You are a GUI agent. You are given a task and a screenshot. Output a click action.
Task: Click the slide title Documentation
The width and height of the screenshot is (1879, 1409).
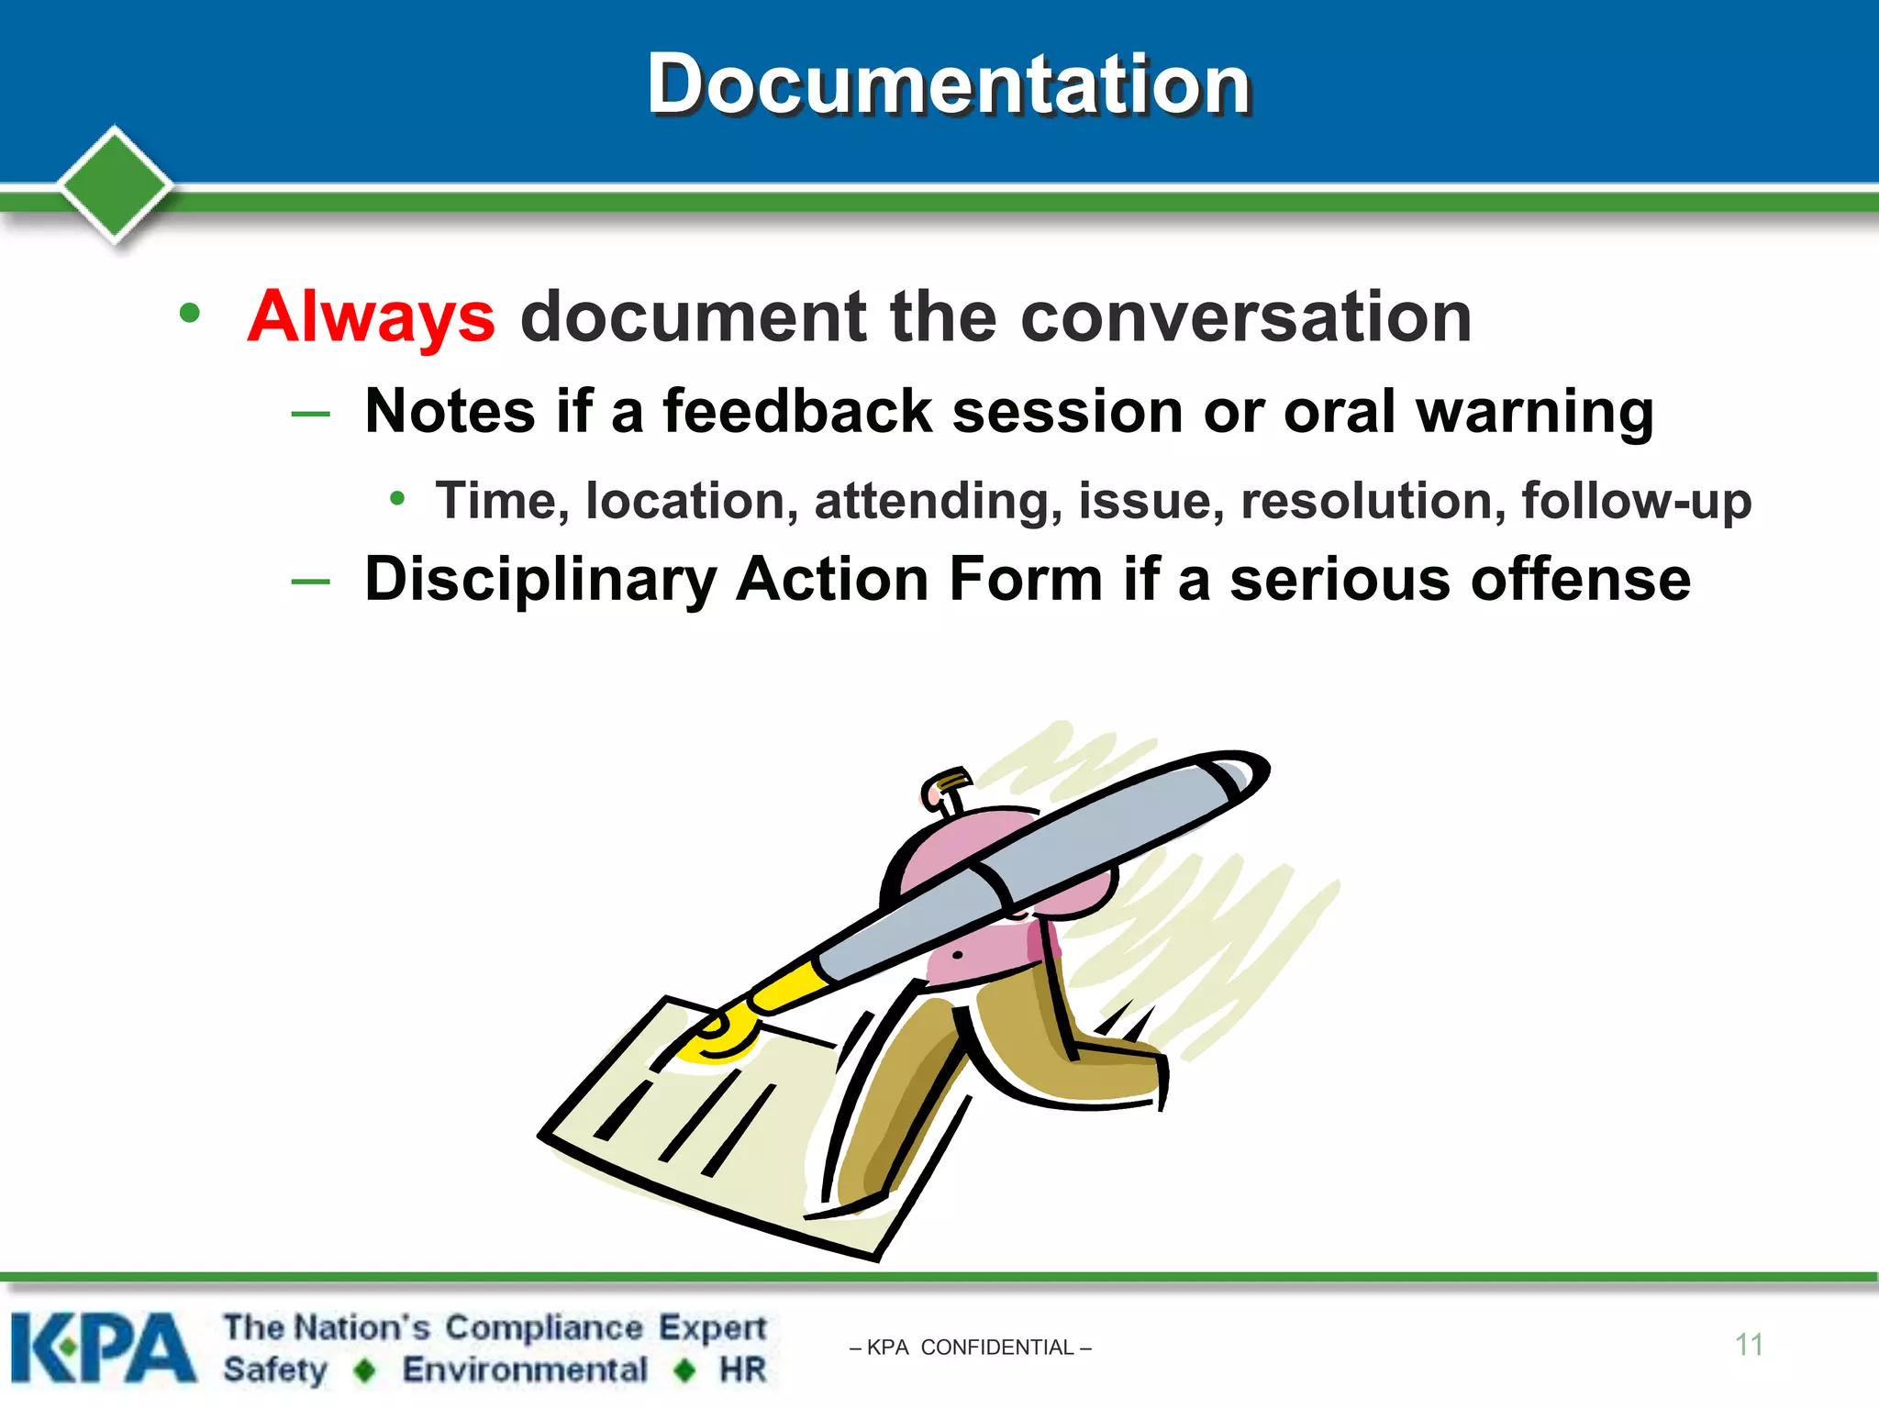tap(949, 84)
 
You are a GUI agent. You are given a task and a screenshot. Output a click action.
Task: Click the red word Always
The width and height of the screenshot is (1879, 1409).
tap(372, 316)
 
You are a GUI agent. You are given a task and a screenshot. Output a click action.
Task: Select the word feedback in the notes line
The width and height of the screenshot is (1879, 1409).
tap(796, 411)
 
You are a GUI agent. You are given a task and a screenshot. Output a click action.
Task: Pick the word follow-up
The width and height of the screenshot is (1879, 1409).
tap(1636, 501)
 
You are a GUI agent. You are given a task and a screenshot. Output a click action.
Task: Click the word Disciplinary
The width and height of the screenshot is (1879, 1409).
tap(539, 580)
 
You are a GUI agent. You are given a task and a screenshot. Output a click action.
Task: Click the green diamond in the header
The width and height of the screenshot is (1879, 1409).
tap(115, 184)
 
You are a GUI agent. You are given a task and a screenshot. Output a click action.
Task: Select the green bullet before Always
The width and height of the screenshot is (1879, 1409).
tap(190, 314)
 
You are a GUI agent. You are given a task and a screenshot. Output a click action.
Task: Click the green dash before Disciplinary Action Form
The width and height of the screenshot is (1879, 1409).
tap(310, 582)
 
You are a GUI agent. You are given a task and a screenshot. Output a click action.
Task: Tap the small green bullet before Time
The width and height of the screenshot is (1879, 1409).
tap(397, 499)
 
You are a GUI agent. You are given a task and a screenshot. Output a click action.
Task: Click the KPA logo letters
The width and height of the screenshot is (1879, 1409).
tap(103, 1347)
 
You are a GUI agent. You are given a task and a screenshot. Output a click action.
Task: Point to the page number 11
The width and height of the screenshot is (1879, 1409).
tap(1749, 1345)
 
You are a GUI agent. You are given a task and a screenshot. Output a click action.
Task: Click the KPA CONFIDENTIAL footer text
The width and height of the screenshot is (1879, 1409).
tap(971, 1348)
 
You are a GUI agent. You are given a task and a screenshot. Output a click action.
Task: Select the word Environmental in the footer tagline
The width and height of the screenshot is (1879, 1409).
tap(525, 1370)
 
